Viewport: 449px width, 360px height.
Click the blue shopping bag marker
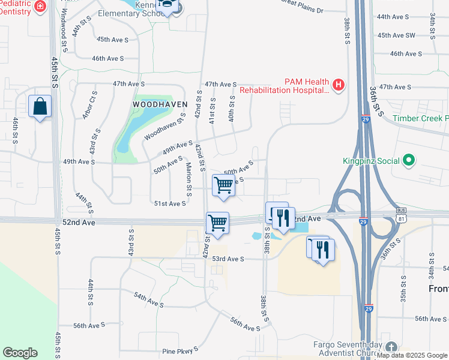tap(40, 107)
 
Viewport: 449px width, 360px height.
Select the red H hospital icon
tap(339, 85)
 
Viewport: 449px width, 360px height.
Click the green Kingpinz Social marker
tap(409, 160)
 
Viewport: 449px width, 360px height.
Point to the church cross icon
tap(391, 347)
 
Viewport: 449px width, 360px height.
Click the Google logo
tap(20, 353)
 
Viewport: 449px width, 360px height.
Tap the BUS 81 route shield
tap(401, 214)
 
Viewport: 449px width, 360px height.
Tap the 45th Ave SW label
tap(397, 35)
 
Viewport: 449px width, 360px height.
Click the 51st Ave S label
tap(170, 204)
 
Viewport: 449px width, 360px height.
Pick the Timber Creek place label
tap(420, 118)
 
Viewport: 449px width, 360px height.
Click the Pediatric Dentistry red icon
tap(41, 7)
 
